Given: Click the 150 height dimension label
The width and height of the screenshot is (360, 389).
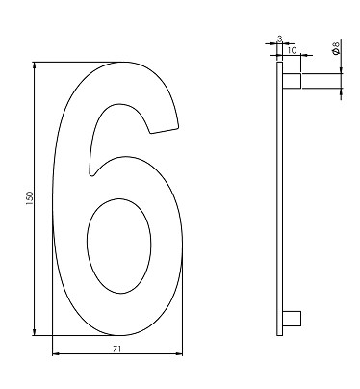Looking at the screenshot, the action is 30,198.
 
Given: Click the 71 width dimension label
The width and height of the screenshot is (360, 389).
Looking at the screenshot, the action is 117,349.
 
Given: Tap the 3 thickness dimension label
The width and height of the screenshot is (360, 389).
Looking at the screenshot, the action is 280,39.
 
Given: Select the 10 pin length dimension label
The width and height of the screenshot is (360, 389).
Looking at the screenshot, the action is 292,50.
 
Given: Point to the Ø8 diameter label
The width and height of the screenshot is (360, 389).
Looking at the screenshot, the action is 336,48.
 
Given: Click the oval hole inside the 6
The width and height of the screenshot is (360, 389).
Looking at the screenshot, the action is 119,246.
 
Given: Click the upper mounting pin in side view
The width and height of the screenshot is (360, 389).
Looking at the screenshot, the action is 292,81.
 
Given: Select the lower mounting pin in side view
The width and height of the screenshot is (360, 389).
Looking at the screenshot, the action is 292,319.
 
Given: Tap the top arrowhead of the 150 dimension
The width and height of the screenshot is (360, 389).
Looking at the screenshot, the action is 35,65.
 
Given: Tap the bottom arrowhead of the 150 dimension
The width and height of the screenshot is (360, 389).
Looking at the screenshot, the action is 35,332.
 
